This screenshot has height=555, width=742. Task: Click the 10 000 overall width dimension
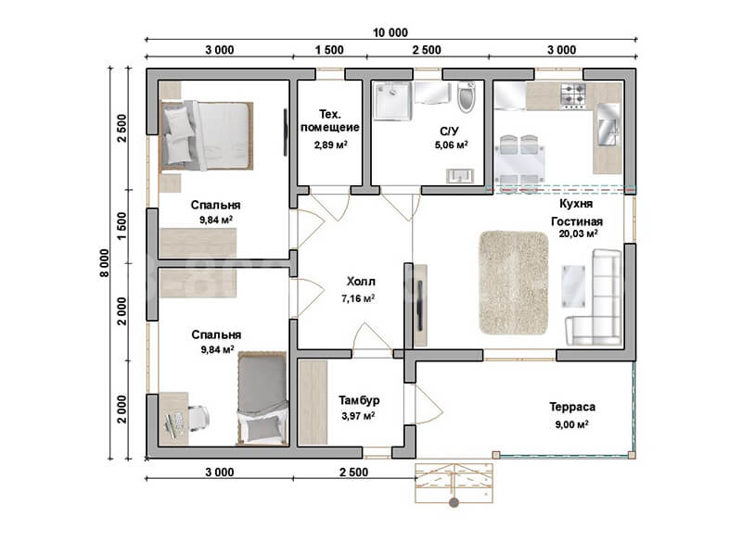(x=390, y=32)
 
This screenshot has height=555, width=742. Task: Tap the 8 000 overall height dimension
(x=104, y=263)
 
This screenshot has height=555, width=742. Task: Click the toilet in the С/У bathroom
(x=467, y=97)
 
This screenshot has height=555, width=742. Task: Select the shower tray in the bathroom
(x=391, y=101)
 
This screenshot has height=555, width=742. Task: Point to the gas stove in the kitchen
(x=573, y=96)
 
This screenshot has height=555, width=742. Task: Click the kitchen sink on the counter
(x=608, y=124)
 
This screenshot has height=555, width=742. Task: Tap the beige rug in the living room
(x=514, y=283)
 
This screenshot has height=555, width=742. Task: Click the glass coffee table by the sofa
(x=573, y=285)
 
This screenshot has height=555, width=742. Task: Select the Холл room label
(x=361, y=282)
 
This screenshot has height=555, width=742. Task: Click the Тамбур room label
(x=359, y=400)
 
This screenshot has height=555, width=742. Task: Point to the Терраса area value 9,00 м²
(x=571, y=424)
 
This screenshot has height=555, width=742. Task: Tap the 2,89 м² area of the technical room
(x=330, y=145)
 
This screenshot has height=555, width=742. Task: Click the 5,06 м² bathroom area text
(x=452, y=145)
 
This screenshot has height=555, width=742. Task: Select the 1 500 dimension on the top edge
(x=329, y=50)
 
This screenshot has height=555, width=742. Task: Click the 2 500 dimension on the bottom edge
(x=353, y=472)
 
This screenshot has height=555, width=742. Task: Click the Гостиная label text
(x=577, y=221)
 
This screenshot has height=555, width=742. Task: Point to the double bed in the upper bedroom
(x=207, y=135)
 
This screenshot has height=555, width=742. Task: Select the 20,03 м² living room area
(x=578, y=233)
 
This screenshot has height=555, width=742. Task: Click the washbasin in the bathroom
(x=460, y=175)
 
